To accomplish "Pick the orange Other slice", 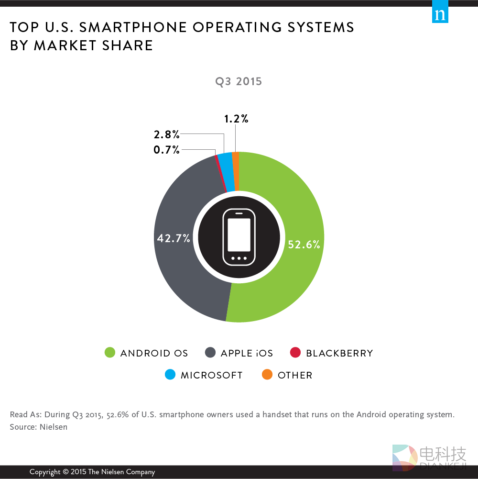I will pos(235,165).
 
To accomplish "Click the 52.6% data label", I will pos(304,245).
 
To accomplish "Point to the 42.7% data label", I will pos(174,238).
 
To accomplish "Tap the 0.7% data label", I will pos(166,150).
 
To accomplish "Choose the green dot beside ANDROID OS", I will pos(110,353).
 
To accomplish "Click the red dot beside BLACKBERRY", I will pos(295,353).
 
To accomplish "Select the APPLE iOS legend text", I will pos(247,354).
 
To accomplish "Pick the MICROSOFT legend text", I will pos(212,375).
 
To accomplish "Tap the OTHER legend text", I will pos(295,375).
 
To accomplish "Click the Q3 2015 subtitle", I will pos(239,81).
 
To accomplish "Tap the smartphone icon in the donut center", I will pos(239,237).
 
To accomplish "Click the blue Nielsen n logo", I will pos(440,14).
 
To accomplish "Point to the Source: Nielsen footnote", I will pos(39,427).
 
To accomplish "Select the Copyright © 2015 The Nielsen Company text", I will pos(92,472).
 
